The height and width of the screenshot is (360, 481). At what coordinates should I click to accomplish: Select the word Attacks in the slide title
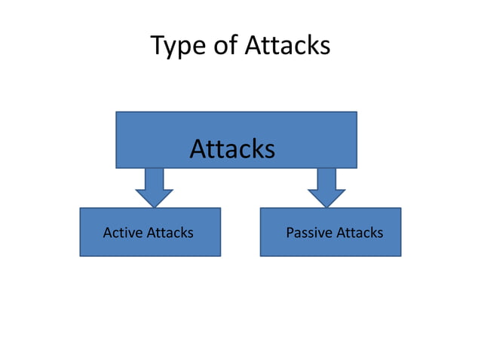click(287, 46)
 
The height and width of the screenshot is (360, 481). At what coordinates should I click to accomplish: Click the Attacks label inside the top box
click(232, 149)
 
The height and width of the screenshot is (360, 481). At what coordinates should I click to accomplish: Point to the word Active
click(123, 233)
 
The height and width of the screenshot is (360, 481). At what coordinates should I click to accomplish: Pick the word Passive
click(309, 233)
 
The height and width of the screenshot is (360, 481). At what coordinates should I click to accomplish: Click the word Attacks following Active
click(170, 233)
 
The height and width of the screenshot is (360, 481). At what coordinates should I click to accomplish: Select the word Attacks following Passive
click(359, 233)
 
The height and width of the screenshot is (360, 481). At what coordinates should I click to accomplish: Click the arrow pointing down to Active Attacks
click(154, 185)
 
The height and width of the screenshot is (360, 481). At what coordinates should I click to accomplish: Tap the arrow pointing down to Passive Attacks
click(326, 185)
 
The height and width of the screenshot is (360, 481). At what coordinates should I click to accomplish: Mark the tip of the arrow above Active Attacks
click(154, 206)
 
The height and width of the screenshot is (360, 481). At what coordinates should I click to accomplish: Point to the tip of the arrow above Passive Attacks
click(326, 206)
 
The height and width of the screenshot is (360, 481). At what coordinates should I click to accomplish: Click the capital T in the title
click(158, 45)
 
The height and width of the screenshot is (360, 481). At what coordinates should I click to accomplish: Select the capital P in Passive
click(290, 233)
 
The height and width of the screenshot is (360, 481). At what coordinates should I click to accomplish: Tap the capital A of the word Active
click(107, 233)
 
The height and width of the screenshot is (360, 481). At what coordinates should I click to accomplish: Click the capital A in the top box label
click(198, 149)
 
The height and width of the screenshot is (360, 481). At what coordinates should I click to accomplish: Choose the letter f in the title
click(237, 45)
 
